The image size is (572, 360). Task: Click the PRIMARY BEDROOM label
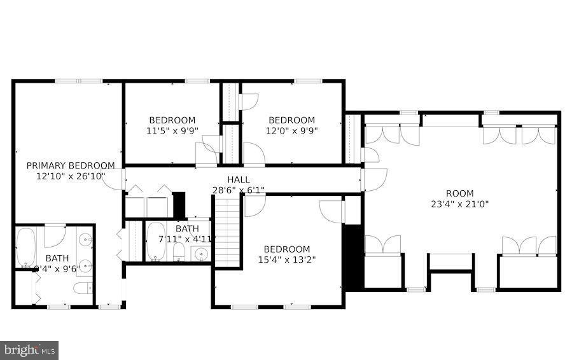[x=71, y=165]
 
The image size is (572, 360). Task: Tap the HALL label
[x=239, y=180]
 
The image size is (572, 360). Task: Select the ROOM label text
[x=459, y=193]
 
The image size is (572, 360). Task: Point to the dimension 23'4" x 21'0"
[x=459, y=204]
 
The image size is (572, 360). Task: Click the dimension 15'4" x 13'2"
[x=287, y=260]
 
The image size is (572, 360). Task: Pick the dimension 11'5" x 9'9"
[x=172, y=130]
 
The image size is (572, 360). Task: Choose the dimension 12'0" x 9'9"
[x=291, y=130]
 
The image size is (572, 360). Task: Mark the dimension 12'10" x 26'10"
[x=71, y=176]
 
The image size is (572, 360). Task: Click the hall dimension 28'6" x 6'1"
[x=239, y=190]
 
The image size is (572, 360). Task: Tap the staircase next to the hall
[x=228, y=232]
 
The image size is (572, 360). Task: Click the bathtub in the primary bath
[x=25, y=248]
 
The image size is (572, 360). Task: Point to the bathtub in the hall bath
[x=155, y=242]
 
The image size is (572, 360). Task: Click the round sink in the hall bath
[x=201, y=255]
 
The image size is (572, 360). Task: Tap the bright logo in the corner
[x=29, y=349]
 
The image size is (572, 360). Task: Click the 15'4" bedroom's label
[x=287, y=249]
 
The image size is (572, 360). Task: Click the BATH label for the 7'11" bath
[x=187, y=229]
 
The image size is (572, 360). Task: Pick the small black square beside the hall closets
[x=179, y=204]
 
